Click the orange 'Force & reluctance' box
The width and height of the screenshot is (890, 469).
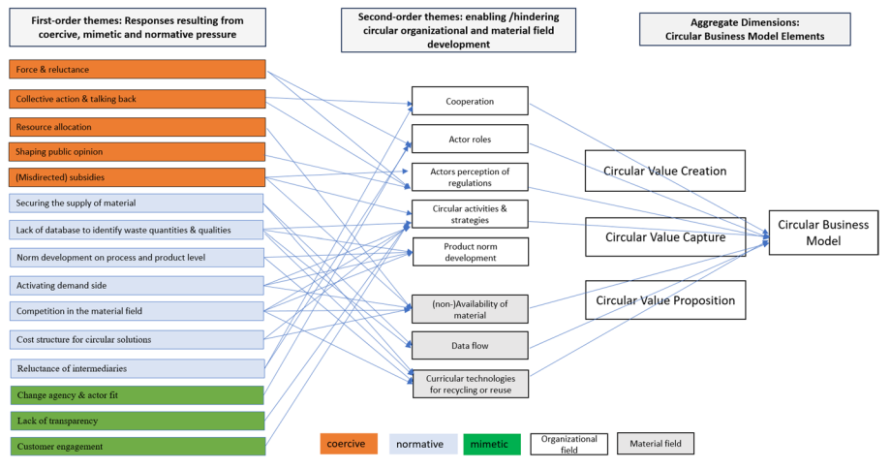[x=137, y=70]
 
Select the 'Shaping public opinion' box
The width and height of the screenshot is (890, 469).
[x=137, y=151]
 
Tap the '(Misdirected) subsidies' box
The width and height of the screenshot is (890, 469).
[x=137, y=176]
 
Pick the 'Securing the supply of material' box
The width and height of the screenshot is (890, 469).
[x=137, y=203]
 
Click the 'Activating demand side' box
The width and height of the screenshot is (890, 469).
[x=137, y=285]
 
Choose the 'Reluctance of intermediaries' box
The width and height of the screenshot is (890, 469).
[x=137, y=368]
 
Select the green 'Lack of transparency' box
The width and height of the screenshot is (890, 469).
[x=137, y=421]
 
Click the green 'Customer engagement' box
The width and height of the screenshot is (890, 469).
[x=137, y=447]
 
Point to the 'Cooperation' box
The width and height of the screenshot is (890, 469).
[x=470, y=101]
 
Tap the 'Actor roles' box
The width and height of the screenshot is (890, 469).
[x=470, y=139]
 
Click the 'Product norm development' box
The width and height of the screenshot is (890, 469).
[x=470, y=251]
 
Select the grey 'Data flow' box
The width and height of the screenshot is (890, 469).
[x=470, y=345]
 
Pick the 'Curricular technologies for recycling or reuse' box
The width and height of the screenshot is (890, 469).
[x=470, y=384]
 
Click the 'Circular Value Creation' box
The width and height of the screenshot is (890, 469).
[x=664, y=171]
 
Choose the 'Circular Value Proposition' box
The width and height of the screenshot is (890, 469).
[x=664, y=300]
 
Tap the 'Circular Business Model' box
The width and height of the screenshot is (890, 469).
[x=823, y=232]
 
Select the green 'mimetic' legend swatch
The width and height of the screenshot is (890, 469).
[x=492, y=445]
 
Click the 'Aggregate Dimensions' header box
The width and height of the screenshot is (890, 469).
[x=744, y=29]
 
